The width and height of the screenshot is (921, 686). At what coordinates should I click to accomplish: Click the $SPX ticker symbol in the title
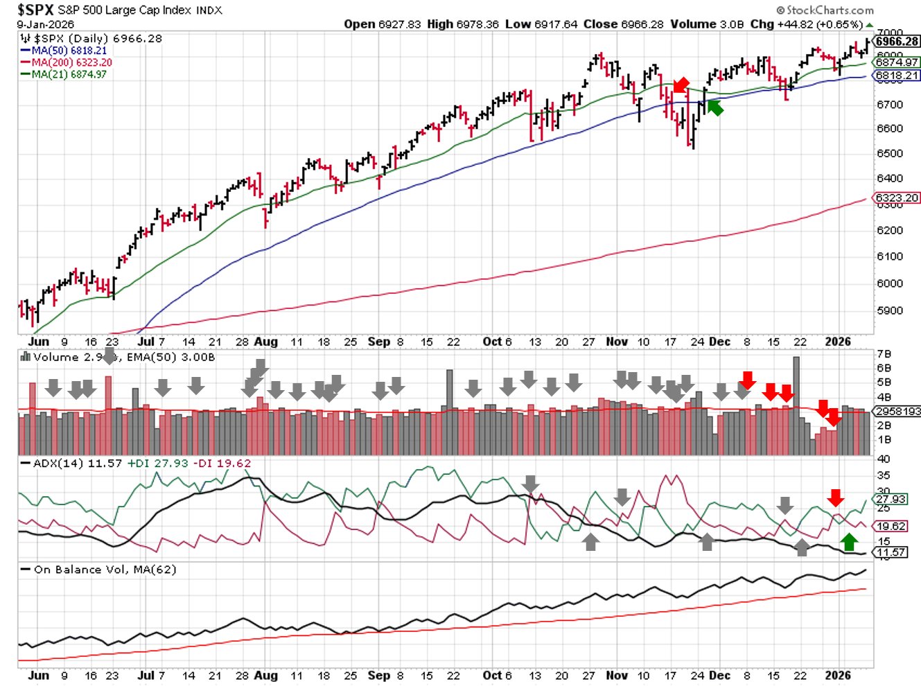(35, 9)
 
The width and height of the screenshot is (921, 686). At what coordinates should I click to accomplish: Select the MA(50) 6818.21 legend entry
(69, 51)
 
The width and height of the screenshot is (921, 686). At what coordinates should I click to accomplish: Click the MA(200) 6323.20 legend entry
(71, 62)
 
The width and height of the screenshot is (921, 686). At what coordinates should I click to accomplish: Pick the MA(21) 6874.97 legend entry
(69, 74)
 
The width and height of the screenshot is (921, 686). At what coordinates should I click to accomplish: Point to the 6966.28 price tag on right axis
(897, 42)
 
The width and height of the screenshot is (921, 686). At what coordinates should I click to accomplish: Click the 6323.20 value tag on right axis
(897, 198)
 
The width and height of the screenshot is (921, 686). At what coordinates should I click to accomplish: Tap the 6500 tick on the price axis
(890, 153)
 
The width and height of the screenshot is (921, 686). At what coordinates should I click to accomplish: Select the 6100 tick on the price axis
(890, 256)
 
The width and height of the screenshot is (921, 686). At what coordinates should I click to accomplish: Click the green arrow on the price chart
(715, 107)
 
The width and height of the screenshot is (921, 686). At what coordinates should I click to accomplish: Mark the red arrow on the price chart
(681, 85)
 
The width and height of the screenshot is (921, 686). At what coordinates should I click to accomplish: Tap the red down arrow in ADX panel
(836, 497)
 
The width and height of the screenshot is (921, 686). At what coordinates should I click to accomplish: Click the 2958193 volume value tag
(897, 411)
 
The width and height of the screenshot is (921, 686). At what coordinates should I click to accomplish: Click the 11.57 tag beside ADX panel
(891, 552)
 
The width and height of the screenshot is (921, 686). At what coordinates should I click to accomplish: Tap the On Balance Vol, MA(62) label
(105, 570)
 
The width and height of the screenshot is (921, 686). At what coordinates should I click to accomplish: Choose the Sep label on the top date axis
(379, 342)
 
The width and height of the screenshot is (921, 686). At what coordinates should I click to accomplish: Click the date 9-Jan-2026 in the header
(46, 24)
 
